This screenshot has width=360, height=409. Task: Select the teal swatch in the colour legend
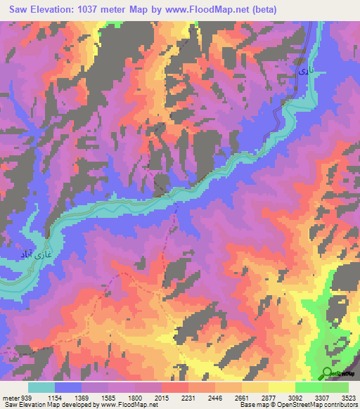pos(41,387)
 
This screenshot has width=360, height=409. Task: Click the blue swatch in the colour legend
pos(68,387)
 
